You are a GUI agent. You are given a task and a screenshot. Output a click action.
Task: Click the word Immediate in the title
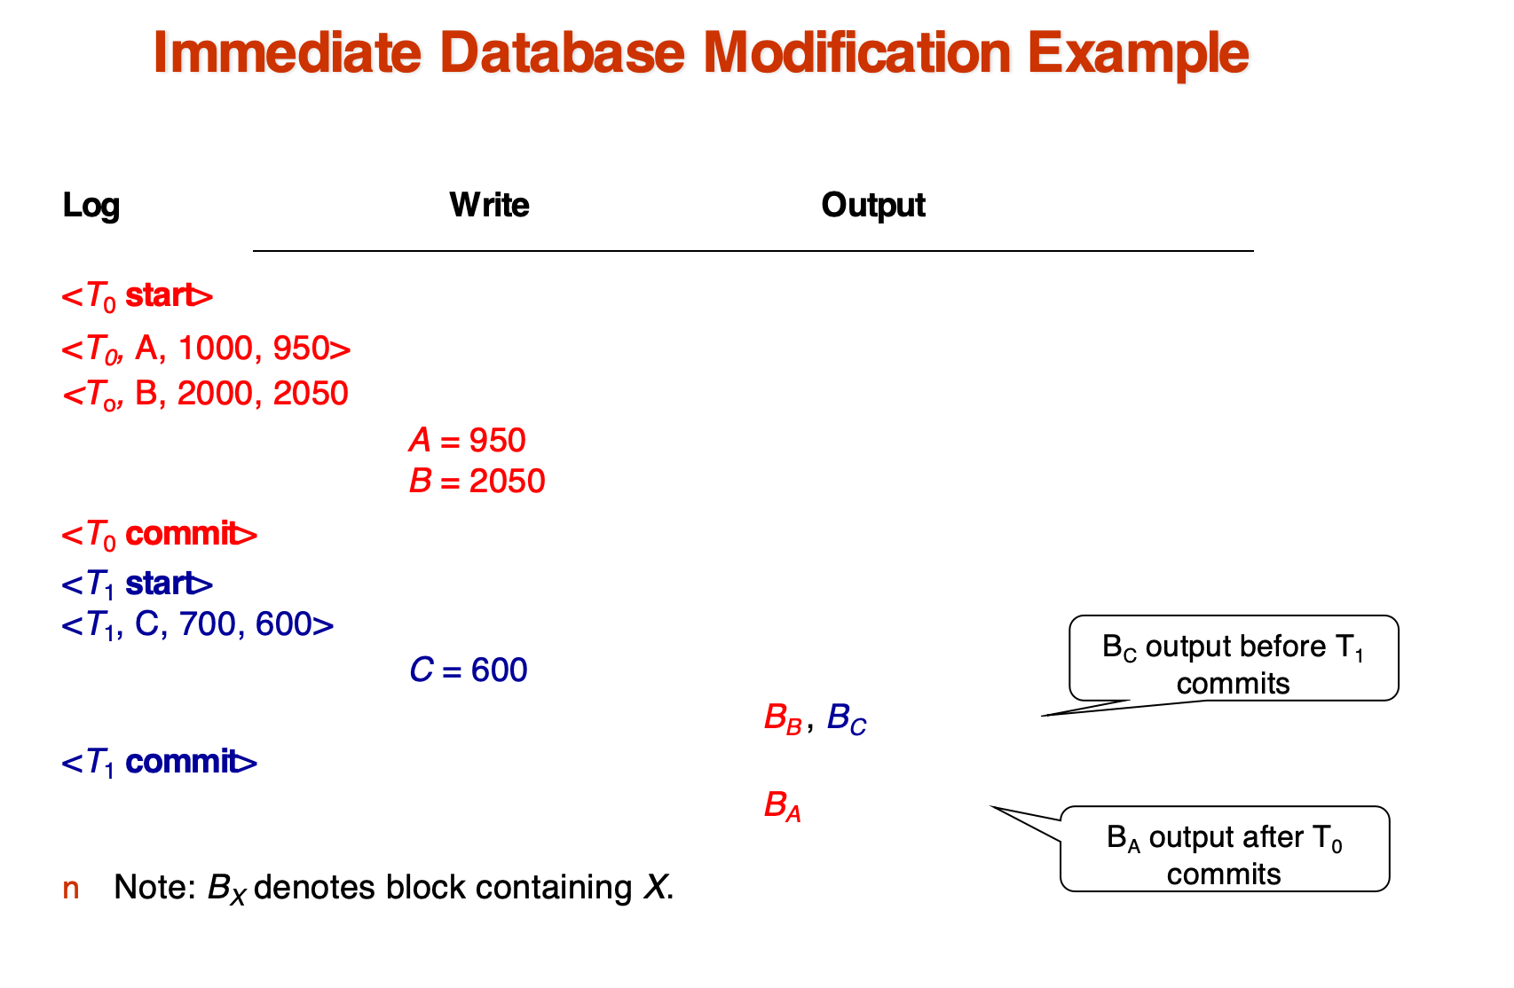288,52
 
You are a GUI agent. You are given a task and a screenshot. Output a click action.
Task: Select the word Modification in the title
857,52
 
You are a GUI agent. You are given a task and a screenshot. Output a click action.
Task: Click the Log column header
91,206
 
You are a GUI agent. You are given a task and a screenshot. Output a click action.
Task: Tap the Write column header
489,205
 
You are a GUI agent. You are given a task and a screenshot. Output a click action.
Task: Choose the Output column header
873,205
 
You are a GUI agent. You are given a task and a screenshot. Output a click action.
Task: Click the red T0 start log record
138,296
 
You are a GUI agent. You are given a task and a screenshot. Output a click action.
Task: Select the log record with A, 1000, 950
206,349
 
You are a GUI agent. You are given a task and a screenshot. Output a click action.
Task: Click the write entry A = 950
468,440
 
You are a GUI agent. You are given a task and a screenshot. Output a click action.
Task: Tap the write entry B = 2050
477,481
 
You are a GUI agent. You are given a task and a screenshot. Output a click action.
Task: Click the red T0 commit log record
160,535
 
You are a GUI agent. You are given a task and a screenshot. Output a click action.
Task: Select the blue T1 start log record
138,584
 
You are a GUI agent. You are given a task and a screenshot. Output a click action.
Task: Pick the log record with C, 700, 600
197,624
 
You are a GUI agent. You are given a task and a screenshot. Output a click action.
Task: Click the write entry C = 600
469,670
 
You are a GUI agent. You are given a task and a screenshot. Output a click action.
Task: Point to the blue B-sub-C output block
847,718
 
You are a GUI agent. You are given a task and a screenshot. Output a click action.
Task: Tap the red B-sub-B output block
784,718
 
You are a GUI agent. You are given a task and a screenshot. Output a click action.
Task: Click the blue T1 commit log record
160,763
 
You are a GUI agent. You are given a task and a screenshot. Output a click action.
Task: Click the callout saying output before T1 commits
1234,658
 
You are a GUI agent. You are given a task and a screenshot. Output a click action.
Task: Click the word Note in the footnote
154,888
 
